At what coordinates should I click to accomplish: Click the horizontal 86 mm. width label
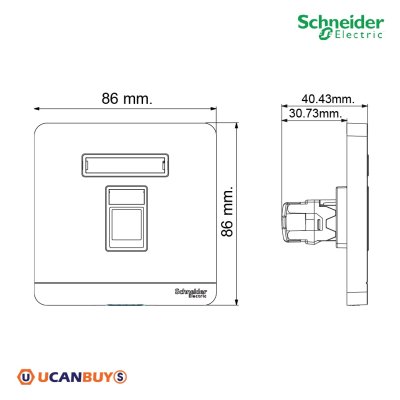click(x=127, y=99)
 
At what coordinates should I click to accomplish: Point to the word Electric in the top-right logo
click(x=355, y=38)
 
